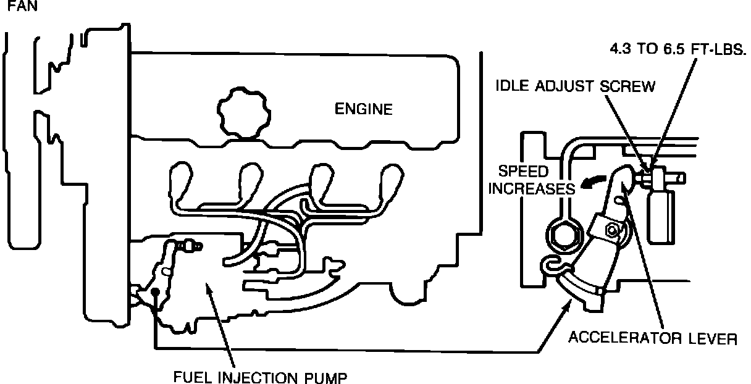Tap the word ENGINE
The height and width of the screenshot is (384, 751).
tap(363, 110)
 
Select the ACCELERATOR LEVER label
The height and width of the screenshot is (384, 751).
tap(653, 339)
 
